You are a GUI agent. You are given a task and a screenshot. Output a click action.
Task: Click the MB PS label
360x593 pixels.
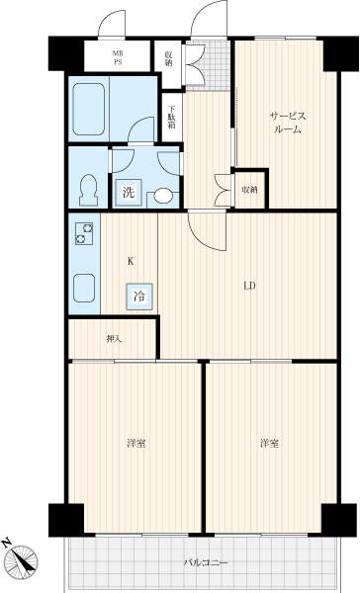point(118,57)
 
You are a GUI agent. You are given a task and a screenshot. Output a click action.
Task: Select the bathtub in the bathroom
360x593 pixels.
point(89,109)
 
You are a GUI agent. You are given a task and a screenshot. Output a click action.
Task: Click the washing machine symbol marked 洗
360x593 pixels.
point(129,192)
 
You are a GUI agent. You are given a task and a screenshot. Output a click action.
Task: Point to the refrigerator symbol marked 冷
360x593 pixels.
point(139,296)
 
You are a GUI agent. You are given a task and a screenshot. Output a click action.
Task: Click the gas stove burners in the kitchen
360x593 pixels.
point(84,233)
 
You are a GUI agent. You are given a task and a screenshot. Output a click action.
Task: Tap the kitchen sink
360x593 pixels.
point(84,289)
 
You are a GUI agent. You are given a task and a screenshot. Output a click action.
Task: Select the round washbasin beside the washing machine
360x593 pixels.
point(163,196)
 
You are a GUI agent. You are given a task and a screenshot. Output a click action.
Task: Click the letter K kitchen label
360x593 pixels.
point(131,261)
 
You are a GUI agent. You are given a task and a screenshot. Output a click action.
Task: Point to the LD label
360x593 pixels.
point(249,286)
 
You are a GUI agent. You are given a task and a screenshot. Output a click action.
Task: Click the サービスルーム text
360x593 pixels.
point(288,123)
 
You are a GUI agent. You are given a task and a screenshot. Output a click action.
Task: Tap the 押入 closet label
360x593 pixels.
point(114,339)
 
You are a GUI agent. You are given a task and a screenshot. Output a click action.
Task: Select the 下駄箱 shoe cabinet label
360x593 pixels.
point(171,117)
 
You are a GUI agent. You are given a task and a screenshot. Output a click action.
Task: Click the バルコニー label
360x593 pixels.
point(206,562)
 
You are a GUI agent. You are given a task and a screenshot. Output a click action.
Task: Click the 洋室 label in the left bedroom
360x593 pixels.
point(136,443)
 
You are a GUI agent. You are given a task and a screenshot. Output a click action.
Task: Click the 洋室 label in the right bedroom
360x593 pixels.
point(270,443)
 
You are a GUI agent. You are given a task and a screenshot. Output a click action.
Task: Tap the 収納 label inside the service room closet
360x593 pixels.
point(250,189)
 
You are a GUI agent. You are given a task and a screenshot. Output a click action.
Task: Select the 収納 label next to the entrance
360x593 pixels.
point(168,58)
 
